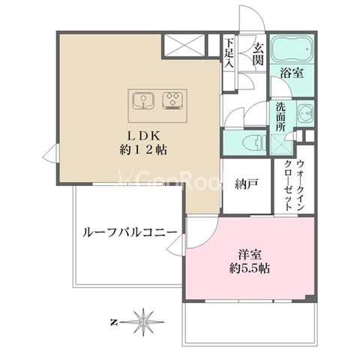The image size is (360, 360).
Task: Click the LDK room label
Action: click(x=144, y=136)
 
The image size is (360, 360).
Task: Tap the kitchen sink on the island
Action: click(x=143, y=101)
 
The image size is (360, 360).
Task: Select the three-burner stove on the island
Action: click(x=172, y=100)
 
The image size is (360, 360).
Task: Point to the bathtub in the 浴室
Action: click(x=292, y=48)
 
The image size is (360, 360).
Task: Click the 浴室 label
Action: click(x=292, y=73)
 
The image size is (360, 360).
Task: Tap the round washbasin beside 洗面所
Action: click(x=305, y=115)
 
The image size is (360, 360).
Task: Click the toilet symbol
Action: click(x=254, y=143)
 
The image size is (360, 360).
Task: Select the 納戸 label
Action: click(x=247, y=185)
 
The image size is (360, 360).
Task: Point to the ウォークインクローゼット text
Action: click(x=295, y=185)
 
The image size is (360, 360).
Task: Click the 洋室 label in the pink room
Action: click(x=250, y=255)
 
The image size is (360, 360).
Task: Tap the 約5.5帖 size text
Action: click(x=250, y=268)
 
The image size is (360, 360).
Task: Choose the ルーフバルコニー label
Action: click(x=130, y=233)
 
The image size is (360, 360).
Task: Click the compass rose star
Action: click(x=143, y=322)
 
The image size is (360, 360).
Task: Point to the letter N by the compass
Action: click(x=114, y=322)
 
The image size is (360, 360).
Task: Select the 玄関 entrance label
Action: click(x=257, y=54)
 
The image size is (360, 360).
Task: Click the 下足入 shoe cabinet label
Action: click(x=229, y=53)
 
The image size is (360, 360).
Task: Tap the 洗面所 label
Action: click(x=280, y=117)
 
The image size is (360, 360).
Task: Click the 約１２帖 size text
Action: click(x=143, y=150)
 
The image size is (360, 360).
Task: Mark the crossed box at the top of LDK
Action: click(x=184, y=45)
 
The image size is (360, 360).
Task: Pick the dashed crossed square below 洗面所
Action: click(x=281, y=144)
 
